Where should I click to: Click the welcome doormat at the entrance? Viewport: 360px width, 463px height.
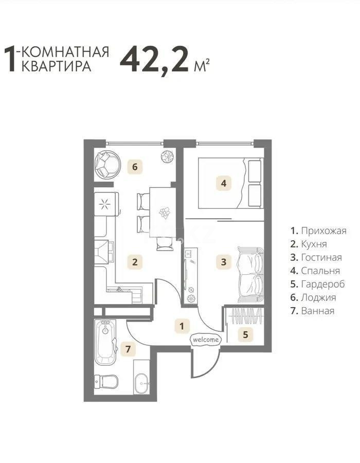(206, 340)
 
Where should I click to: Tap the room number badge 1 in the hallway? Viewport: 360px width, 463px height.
(181, 325)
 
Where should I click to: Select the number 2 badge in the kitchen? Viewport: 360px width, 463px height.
(135, 261)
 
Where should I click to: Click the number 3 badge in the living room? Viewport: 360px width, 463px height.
(223, 261)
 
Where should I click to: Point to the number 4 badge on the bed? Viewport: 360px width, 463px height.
(223, 183)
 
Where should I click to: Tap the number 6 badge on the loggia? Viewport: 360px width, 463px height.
(135, 167)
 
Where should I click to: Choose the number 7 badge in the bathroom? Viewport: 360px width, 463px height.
(129, 350)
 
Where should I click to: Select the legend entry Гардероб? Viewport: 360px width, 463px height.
(317, 284)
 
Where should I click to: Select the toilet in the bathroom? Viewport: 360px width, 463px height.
(106, 382)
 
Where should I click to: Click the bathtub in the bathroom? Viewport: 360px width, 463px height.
(106, 342)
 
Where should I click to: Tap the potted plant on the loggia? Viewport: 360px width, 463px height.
(167, 156)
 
